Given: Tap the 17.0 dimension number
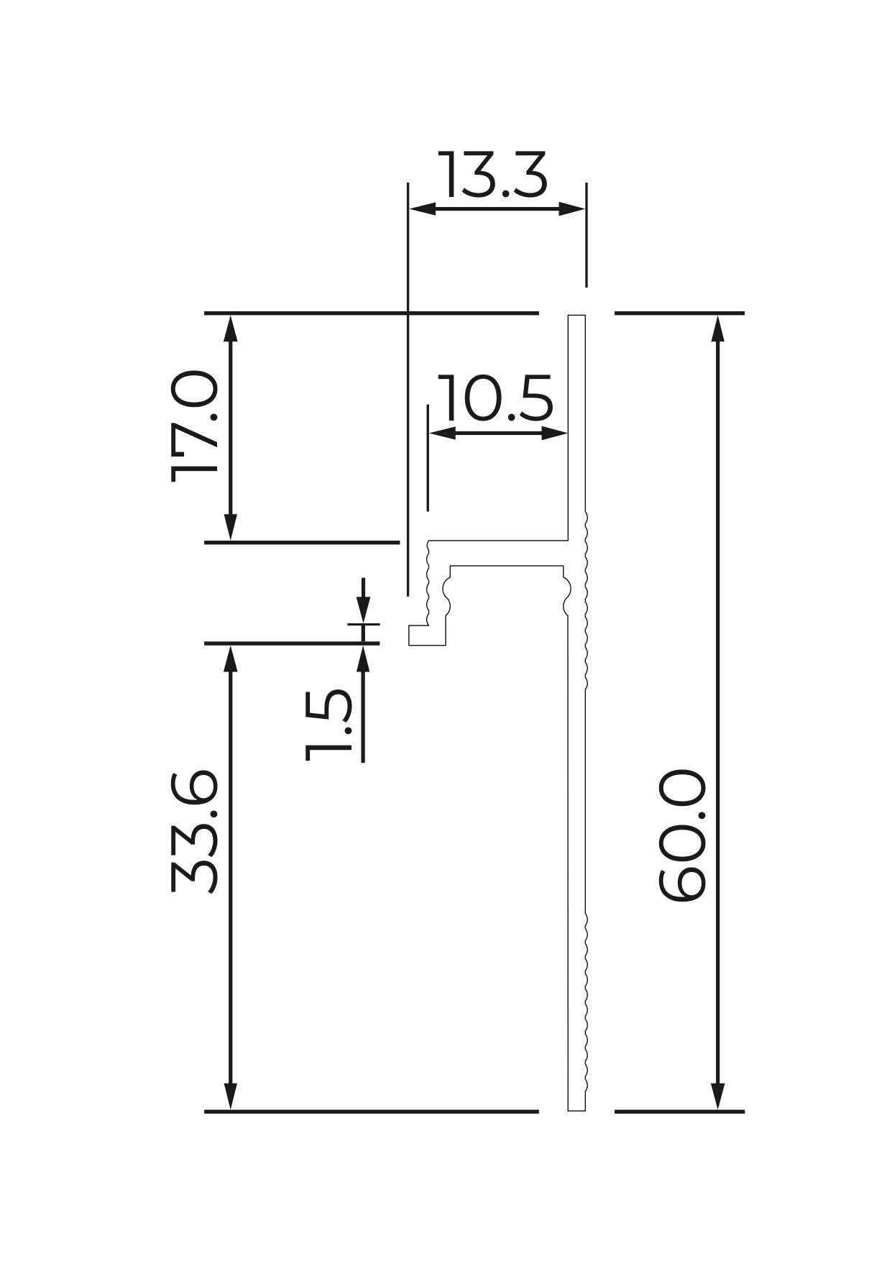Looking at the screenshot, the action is pos(194,426).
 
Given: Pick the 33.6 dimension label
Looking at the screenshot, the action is pos(194,831).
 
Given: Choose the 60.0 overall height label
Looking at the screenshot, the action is pos(682,835).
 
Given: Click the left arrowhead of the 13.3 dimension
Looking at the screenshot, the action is pos(422,209).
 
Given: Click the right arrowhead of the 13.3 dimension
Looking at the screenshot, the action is pos(572,209).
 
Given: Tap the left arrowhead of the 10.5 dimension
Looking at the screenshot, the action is pos(443,433).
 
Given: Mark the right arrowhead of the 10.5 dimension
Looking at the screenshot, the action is pos(555,433).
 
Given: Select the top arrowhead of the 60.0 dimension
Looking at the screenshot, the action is pos(717,328).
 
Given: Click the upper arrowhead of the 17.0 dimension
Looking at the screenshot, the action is pos(230,328).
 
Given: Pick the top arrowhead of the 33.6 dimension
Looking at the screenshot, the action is pos(230,659).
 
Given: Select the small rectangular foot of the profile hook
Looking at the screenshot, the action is pos(427,635).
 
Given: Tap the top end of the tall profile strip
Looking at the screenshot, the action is pos(576,316).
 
